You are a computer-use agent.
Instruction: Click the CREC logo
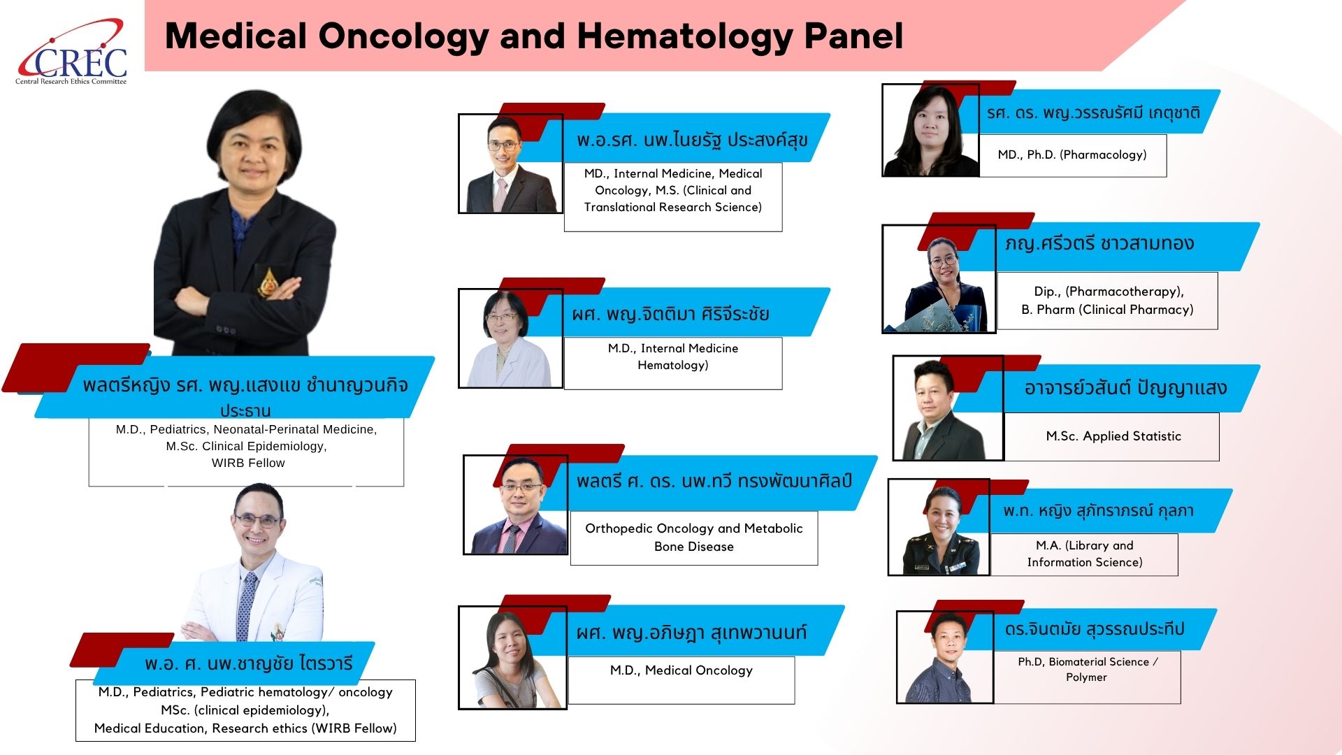pos(72,52)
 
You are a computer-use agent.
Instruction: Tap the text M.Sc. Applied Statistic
pos(1113,436)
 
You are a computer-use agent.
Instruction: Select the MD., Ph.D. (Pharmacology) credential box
pos(1072,155)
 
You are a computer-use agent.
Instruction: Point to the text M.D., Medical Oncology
pos(681,670)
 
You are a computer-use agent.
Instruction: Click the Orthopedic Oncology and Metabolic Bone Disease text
pos(694,538)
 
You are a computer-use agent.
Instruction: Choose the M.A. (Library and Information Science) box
pos(1084,554)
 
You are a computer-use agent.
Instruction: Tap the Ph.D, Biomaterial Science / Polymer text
pos(1088,669)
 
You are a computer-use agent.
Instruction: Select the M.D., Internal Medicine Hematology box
pos(673,364)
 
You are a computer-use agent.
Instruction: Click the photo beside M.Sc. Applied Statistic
pos(948,408)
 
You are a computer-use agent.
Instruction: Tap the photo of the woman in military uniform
pos(939,527)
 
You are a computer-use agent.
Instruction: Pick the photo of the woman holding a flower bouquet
pos(939,279)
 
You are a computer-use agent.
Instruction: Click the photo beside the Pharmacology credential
pos(930,130)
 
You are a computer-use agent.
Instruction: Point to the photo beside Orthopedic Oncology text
pos(516,505)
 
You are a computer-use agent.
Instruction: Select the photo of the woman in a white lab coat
pos(510,338)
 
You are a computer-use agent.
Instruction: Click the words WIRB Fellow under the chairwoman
pos(248,463)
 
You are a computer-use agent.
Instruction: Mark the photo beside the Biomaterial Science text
pos(945,657)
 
